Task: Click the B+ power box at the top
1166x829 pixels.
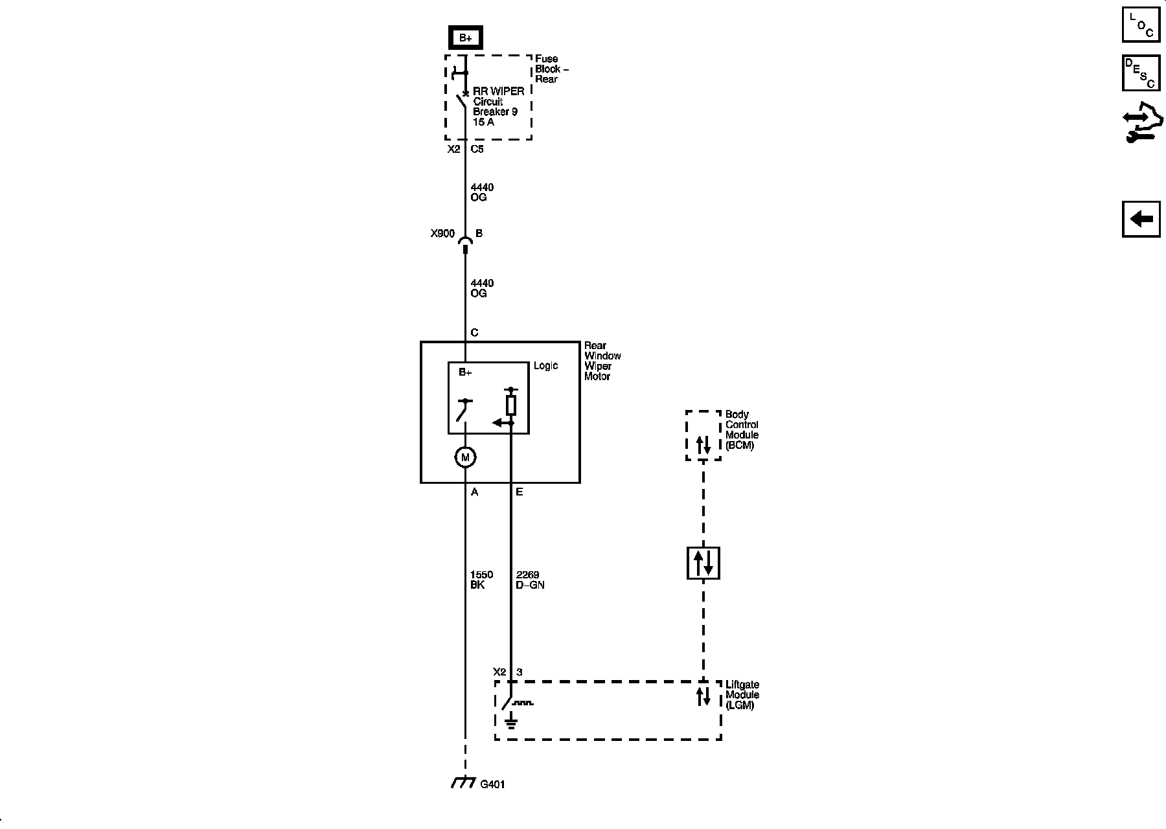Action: (x=465, y=38)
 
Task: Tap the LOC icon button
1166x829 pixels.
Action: (x=1141, y=25)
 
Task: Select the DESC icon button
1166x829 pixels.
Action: (x=1141, y=73)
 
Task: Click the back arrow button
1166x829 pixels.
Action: (x=1141, y=219)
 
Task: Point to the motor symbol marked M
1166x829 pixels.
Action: (x=465, y=457)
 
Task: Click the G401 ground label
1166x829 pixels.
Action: (x=492, y=784)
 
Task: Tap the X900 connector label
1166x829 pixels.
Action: (x=442, y=234)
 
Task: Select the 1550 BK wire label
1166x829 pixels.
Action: (x=481, y=580)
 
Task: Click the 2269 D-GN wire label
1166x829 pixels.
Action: (x=530, y=580)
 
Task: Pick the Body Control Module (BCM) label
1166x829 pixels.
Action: (x=742, y=430)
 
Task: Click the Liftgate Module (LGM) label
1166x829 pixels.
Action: (x=742, y=695)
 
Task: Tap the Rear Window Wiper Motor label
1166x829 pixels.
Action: (x=602, y=361)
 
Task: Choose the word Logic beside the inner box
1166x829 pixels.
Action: (x=545, y=366)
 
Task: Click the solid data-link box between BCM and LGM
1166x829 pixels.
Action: (x=703, y=563)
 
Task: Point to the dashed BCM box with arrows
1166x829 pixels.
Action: (x=703, y=435)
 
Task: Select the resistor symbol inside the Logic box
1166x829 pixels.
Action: (x=511, y=406)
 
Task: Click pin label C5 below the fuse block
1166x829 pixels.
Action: (x=477, y=149)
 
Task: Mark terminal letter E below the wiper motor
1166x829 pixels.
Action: (x=519, y=492)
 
